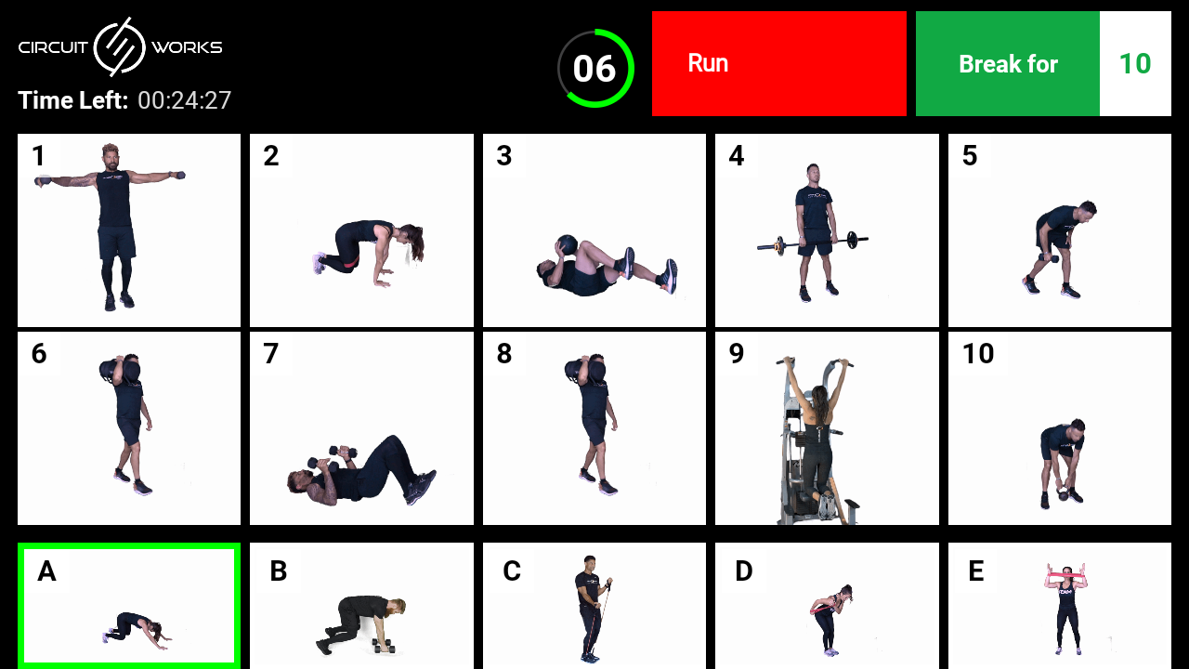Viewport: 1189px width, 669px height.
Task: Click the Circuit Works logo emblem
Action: pyautogui.click(x=120, y=46)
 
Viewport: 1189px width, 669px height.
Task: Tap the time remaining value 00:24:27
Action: pyautogui.click(x=184, y=100)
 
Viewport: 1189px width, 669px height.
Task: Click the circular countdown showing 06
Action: pyautogui.click(x=595, y=69)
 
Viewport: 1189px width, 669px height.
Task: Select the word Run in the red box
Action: pyautogui.click(x=708, y=63)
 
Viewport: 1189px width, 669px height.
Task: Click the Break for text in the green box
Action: pyautogui.click(x=1008, y=64)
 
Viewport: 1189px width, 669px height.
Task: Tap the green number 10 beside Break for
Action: pyautogui.click(x=1134, y=64)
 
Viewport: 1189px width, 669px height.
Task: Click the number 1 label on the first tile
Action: pyautogui.click(x=38, y=156)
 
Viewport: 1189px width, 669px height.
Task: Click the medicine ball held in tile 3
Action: pyautogui.click(x=566, y=246)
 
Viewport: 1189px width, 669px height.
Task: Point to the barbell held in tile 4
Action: pyautogui.click(x=813, y=244)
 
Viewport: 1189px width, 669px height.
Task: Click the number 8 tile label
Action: pyautogui.click(x=504, y=354)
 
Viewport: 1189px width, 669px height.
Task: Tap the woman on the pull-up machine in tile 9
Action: pyautogui.click(x=817, y=427)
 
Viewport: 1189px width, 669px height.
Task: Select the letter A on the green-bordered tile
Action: pyautogui.click(x=46, y=571)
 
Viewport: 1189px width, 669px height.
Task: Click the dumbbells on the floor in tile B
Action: pyautogui.click(x=383, y=646)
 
